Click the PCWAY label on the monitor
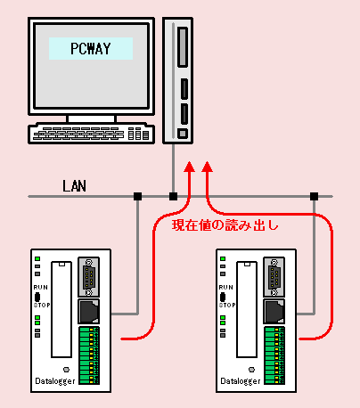[x=91, y=48]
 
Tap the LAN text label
[x=74, y=186]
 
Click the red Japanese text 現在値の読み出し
[x=225, y=225]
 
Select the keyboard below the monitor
[x=91, y=134]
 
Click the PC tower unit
[x=178, y=80]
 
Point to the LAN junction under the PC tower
[x=173, y=196]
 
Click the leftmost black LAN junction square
[x=137, y=196]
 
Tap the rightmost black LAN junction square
[x=314, y=196]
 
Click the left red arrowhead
[x=189, y=167]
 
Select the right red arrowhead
[x=207, y=167]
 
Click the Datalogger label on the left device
[x=55, y=381]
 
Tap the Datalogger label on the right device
[x=241, y=381]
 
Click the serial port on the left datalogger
[x=88, y=277]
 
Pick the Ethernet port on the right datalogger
[x=274, y=311]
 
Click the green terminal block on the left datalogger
[x=89, y=355]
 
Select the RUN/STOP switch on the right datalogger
[x=223, y=297]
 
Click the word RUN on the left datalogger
[x=40, y=288]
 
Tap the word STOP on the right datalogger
[x=227, y=305]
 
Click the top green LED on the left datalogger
[x=37, y=259]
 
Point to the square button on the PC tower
[x=183, y=134]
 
